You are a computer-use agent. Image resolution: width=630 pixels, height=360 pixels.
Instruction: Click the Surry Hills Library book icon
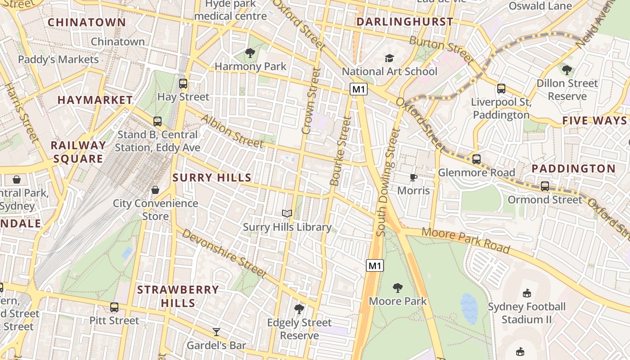[x=287, y=213]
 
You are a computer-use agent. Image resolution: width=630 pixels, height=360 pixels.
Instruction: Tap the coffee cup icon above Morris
[x=414, y=177]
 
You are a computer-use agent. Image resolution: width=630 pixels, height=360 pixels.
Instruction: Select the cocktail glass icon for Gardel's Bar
[x=216, y=332]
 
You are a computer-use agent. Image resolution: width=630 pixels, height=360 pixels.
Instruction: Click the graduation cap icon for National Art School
[x=389, y=58]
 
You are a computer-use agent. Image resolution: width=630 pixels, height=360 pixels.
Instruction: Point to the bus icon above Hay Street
[x=183, y=83]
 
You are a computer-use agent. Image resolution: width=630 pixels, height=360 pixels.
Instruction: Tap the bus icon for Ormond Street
[x=544, y=186]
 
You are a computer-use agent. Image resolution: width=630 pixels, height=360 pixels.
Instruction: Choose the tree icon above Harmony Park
[x=250, y=53]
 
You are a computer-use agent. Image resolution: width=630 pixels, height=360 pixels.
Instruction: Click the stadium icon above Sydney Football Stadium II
[x=526, y=293]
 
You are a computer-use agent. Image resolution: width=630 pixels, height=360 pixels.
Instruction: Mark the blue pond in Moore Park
[x=468, y=309]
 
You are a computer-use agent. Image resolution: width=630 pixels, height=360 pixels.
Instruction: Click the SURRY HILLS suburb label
[x=212, y=178]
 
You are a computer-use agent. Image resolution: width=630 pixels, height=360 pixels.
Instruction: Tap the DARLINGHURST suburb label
[x=405, y=22]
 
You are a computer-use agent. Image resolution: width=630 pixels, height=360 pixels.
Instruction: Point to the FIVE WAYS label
[x=594, y=121]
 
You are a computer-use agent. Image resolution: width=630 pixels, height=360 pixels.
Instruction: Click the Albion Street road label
[x=232, y=131]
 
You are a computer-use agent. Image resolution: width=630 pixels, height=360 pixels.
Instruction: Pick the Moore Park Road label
[x=466, y=240]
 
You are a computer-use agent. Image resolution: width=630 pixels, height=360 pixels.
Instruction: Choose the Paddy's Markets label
[x=58, y=59]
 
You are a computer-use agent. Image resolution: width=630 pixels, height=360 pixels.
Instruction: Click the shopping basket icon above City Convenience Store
[x=155, y=190]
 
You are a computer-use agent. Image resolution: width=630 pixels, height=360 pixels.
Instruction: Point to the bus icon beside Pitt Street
[x=114, y=307]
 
